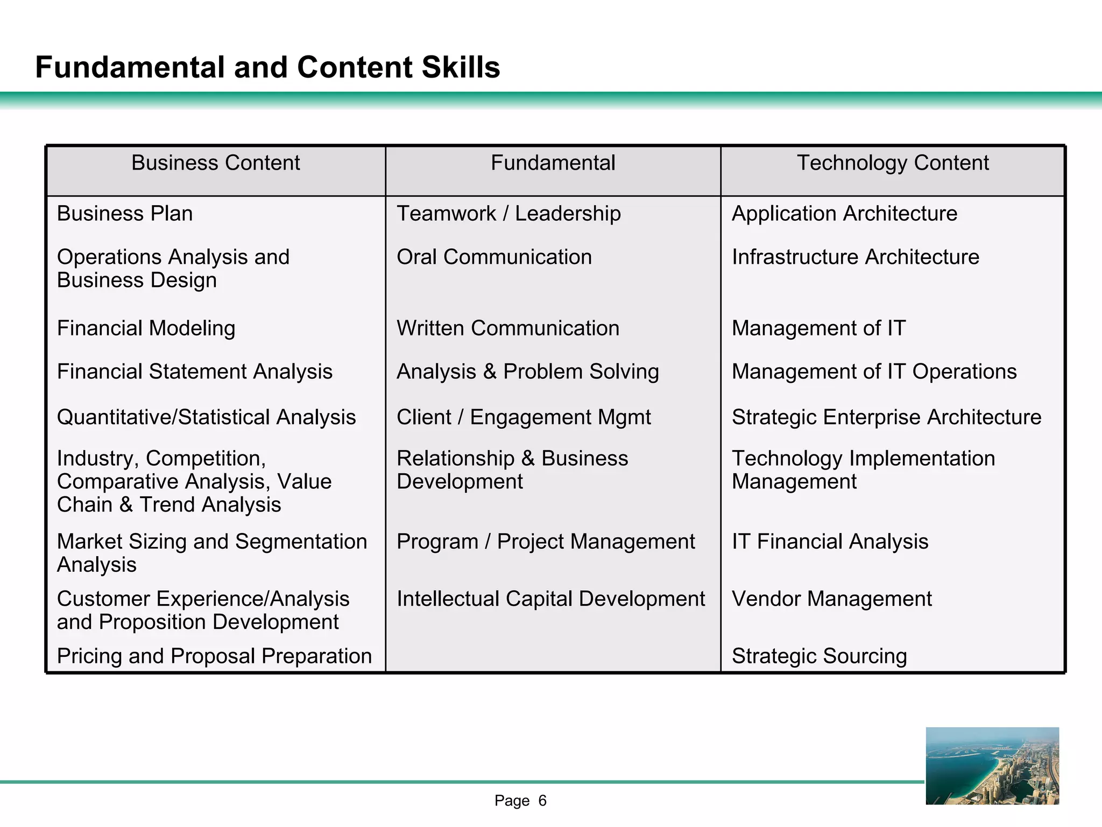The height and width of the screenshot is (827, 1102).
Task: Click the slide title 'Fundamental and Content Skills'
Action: click(267, 67)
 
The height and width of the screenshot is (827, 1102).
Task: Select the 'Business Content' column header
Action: click(216, 163)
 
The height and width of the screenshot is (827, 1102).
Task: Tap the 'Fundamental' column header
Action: click(553, 163)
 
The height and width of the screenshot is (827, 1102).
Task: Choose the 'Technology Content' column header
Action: click(893, 163)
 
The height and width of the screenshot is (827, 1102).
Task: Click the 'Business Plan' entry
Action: click(125, 214)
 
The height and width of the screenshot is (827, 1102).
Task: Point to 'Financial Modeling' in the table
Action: click(146, 328)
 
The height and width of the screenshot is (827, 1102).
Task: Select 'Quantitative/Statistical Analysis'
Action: click(207, 417)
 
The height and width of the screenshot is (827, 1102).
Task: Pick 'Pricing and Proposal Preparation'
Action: click(215, 656)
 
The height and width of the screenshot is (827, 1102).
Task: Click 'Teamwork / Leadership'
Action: click(508, 214)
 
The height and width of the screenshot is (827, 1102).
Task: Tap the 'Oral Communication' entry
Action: click(494, 257)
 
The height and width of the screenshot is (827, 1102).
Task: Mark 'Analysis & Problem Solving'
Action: click(527, 372)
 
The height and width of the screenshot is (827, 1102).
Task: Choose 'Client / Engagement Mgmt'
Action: click(524, 417)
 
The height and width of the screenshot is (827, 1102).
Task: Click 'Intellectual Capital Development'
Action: click(550, 599)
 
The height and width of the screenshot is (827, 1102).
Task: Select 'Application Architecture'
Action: click(844, 214)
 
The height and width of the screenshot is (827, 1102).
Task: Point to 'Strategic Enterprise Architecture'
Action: click(886, 417)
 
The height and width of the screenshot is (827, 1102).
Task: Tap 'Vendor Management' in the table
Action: click(832, 599)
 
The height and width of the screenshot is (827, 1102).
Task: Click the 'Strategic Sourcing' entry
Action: click(819, 656)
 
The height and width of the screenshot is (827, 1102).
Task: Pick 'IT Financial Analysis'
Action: click(830, 542)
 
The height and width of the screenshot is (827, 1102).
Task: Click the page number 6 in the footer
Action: click(542, 801)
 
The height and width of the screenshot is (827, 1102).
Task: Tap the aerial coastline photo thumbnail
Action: click(992, 766)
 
